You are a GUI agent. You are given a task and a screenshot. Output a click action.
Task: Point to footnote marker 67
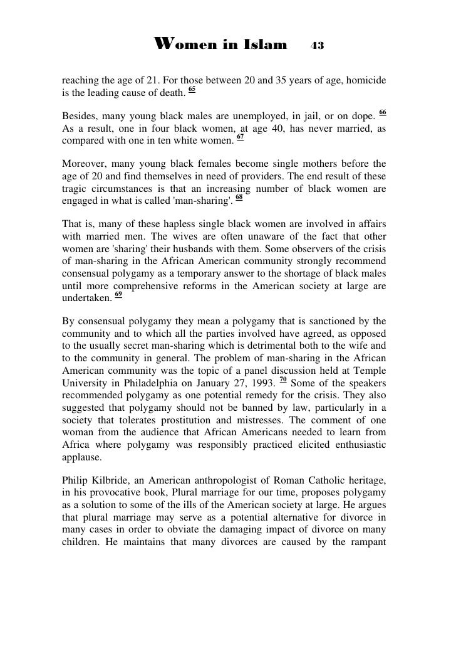[241, 135]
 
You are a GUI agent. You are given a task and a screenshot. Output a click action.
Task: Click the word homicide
[365, 82]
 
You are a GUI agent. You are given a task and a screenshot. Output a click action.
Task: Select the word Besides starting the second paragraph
[79, 116]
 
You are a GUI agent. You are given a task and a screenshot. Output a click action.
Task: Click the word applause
[82, 457]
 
